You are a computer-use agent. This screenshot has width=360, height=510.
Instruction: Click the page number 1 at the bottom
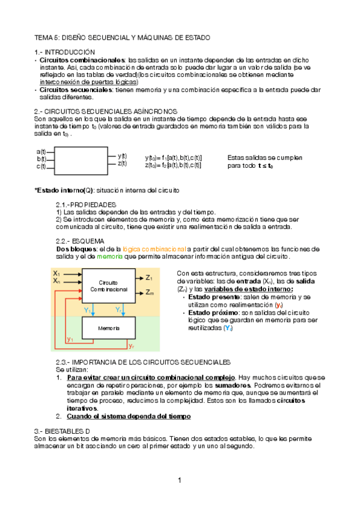coord(179,480)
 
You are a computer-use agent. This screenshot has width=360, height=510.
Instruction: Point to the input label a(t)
coord(41,152)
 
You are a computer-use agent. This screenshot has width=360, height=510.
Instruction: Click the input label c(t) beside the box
coord(41,167)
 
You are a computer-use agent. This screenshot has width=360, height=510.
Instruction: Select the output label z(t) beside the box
coord(122,163)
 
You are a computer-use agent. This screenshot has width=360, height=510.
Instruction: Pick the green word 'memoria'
coord(110,256)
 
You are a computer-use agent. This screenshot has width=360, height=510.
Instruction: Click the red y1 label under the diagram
coord(70,340)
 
